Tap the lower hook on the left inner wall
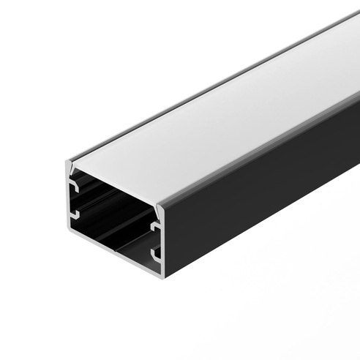tap(75, 214)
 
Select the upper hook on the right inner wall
tap(155, 228)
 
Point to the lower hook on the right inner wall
tap(155, 254)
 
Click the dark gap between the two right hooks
tap(156, 241)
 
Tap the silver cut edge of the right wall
tap(162, 241)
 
